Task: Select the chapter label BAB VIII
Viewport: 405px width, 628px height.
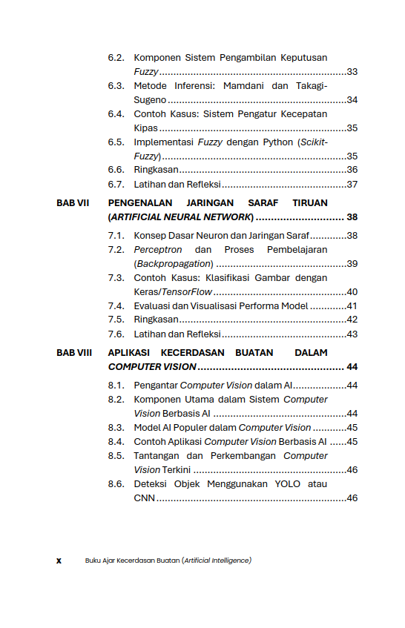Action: click(x=74, y=353)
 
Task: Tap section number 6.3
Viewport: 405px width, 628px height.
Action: click(x=116, y=86)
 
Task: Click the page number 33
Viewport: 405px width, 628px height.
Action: click(x=352, y=72)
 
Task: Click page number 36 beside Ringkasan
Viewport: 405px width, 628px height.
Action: click(x=352, y=170)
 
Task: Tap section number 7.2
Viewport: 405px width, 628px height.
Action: click(x=116, y=250)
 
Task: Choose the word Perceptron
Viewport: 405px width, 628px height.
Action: click(x=157, y=250)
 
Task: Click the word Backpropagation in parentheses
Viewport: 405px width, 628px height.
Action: click(x=174, y=264)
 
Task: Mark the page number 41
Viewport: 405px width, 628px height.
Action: click(x=352, y=306)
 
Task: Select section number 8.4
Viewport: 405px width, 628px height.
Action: click(x=116, y=442)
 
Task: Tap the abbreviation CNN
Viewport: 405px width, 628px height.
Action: click(x=144, y=498)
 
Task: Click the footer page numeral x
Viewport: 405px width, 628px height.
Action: click(x=59, y=561)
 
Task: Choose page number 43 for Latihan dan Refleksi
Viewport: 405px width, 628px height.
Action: click(x=352, y=334)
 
